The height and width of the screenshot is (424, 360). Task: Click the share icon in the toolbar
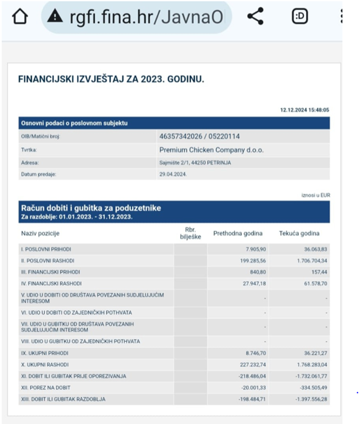click(256, 16)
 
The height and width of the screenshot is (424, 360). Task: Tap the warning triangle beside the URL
click(55, 16)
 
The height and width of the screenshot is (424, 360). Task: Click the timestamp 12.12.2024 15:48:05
click(304, 110)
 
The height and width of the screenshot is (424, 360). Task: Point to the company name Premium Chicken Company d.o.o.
click(211, 150)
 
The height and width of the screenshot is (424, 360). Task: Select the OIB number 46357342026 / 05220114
click(208, 136)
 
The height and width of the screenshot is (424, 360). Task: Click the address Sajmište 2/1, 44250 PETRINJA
click(195, 163)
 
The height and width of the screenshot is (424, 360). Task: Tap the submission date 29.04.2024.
click(173, 175)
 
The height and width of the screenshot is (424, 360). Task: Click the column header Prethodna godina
click(238, 233)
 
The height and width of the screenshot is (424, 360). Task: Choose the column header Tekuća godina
click(299, 233)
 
